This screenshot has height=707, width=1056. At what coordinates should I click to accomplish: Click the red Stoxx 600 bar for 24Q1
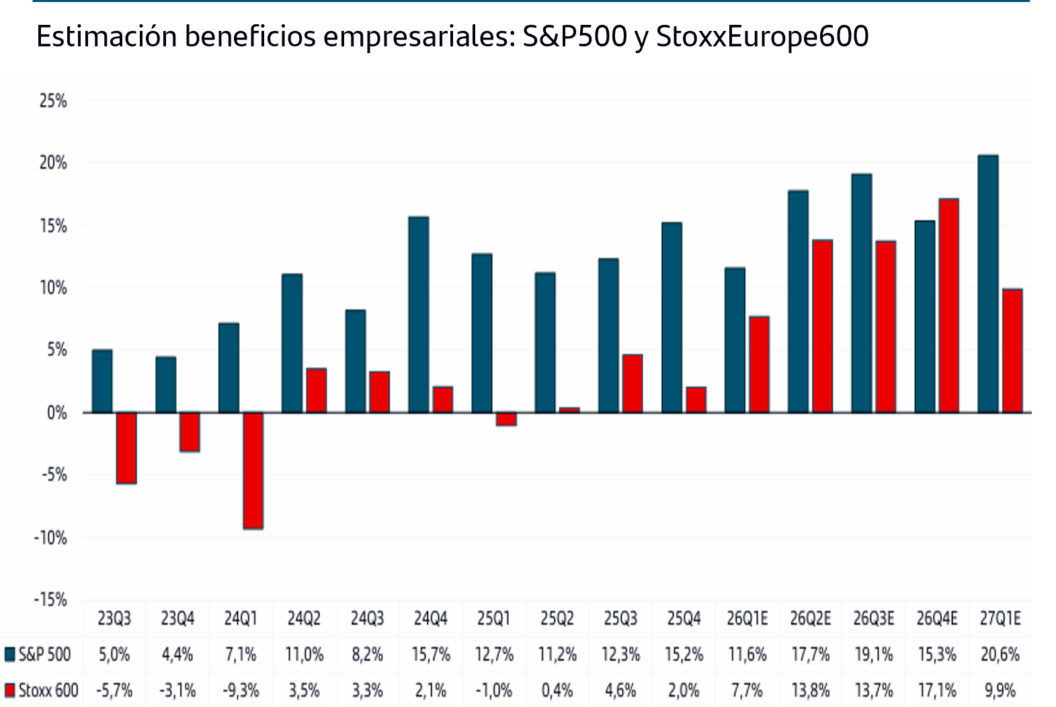pos(253,470)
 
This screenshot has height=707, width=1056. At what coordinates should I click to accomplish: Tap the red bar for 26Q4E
pos(948,306)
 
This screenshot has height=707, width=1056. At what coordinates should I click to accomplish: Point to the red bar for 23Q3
pos(126,448)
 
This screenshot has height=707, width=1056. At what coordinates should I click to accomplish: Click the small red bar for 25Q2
pos(569,409)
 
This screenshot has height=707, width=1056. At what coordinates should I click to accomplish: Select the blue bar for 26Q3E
pos(861,293)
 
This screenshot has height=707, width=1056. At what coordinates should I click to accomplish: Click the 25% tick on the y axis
pos(53,101)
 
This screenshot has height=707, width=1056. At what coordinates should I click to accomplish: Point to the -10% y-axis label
pos(50,538)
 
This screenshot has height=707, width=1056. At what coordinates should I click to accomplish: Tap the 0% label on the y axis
pos(56,413)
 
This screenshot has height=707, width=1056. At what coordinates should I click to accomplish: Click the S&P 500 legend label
pos(44,654)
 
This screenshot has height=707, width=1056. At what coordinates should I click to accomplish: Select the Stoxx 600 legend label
pos(48,690)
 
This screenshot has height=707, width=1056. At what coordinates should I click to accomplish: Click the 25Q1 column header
pos(493,618)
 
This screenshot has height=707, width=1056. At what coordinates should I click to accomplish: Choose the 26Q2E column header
pos(810,618)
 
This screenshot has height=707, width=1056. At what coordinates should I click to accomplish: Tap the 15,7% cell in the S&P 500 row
pos(430,654)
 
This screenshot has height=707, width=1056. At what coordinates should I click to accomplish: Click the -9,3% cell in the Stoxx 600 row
pos(240,690)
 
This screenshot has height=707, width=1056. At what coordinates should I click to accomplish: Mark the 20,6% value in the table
pos(1000,654)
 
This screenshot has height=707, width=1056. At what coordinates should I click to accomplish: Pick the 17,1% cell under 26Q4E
pos(936,690)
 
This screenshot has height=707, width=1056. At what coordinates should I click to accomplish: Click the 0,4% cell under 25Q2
pos(557,690)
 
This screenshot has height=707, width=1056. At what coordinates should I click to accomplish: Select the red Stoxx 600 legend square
pos(9,690)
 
